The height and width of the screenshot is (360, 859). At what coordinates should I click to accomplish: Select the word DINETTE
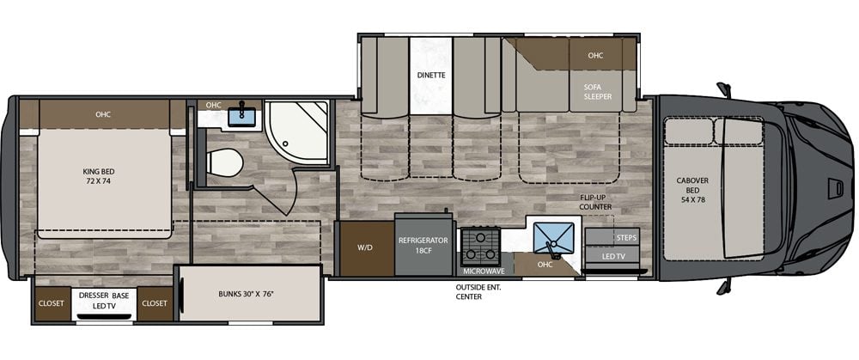431,75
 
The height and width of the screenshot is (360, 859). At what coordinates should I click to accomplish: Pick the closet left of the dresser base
52,302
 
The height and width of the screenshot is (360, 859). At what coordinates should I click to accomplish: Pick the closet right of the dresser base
155,302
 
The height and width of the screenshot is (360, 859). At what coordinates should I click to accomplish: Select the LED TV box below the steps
614,256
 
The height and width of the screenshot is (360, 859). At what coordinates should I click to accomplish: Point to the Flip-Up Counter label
594,202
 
